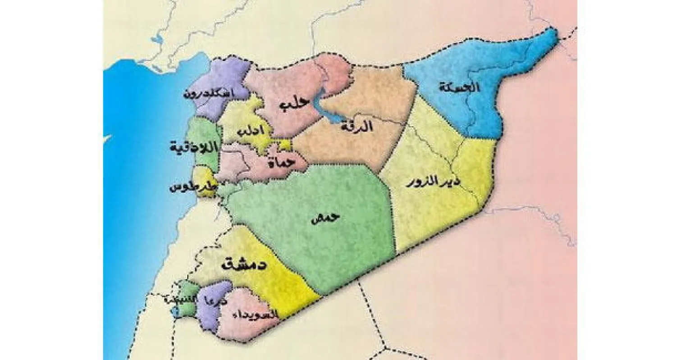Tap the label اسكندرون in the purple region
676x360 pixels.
click(x=209, y=94)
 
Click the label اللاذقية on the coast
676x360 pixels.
click(x=193, y=147)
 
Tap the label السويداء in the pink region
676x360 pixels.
click(x=252, y=315)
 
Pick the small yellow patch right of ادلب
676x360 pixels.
click(x=285, y=145)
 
